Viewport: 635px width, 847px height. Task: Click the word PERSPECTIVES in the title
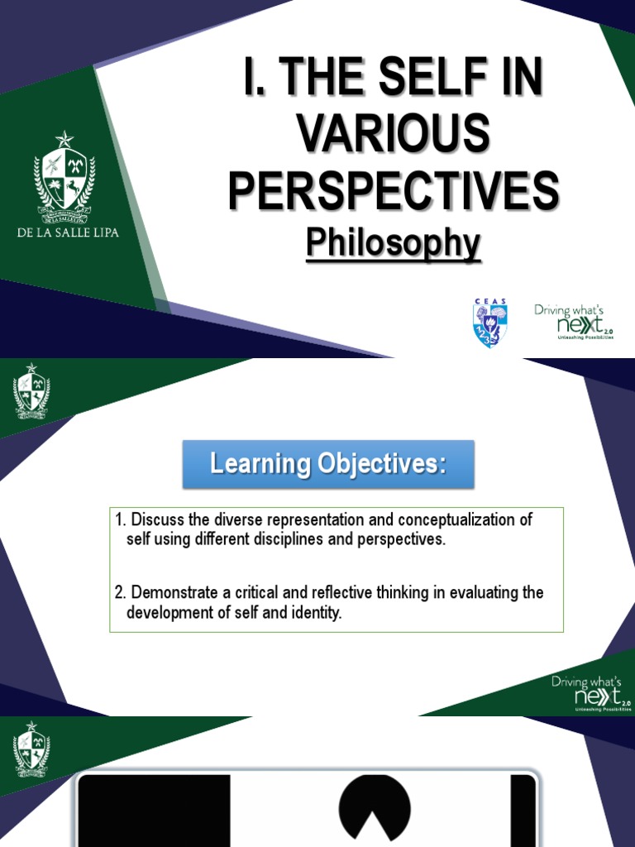[x=394, y=189]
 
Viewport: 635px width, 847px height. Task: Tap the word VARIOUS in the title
[x=394, y=135]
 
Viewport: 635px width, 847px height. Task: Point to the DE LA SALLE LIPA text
[x=68, y=232]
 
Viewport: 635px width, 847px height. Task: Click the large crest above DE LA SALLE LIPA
[x=64, y=178]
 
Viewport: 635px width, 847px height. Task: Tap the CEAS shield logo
[x=490, y=323]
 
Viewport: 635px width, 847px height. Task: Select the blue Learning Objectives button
[x=328, y=464]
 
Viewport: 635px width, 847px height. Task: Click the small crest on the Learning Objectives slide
[x=31, y=392]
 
